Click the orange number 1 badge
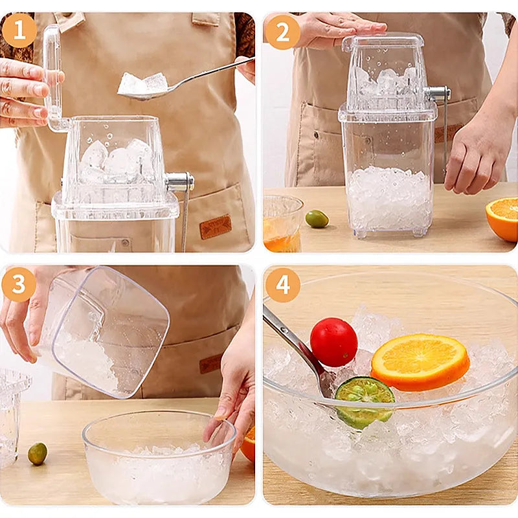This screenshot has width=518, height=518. tap(19, 30)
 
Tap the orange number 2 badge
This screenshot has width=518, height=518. tap(282, 31)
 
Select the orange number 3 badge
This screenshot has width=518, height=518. tap(19, 284)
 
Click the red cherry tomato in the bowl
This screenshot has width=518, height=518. tap(333, 342)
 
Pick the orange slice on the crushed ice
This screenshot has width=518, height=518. tap(420, 361)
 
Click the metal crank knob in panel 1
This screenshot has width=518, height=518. tap(179, 181)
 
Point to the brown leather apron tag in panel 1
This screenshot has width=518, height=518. tap(215, 227)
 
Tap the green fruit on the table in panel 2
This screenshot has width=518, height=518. tap(317, 219)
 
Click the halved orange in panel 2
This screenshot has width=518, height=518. tap(502, 219)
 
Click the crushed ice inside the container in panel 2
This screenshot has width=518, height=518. tap(388, 197)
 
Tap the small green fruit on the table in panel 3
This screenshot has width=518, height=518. tap(38, 453)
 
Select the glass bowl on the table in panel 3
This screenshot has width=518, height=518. tap(159, 460)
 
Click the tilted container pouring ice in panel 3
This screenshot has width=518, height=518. tap(107, 330)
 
